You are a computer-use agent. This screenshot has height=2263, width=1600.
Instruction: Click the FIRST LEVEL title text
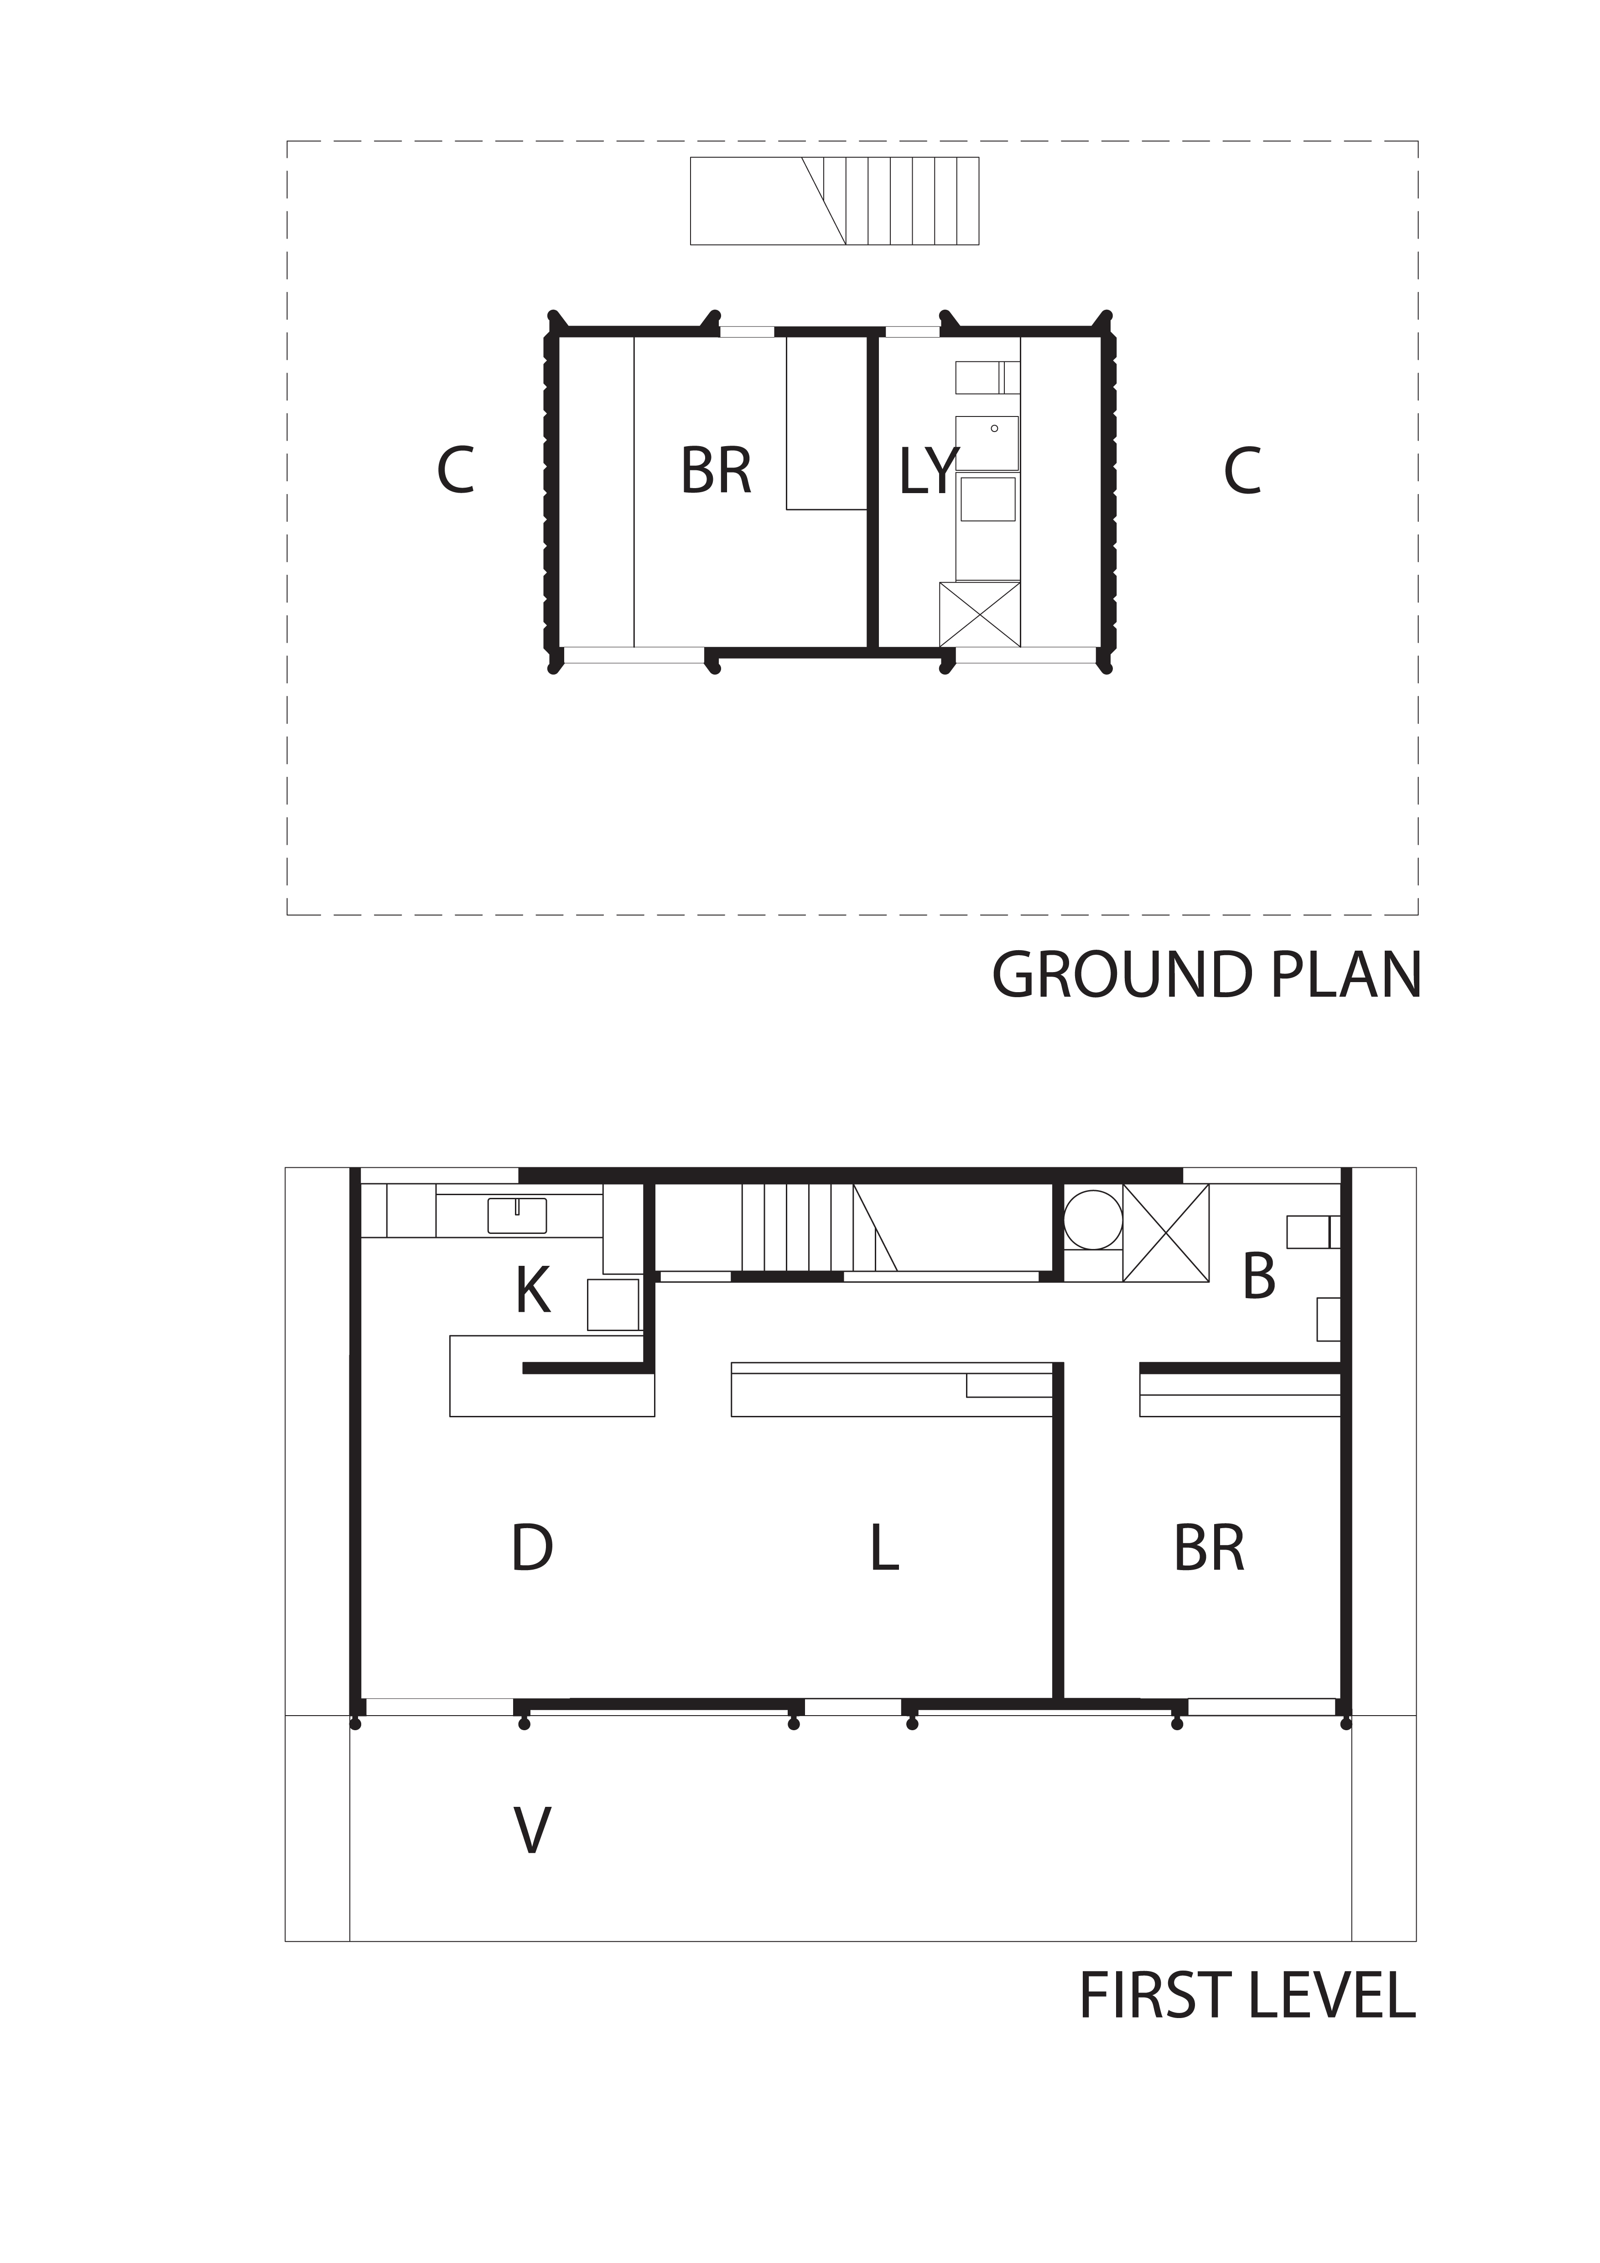[x=1247, y=1996]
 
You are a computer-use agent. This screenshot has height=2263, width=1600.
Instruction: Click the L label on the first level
[x=884, y=1548]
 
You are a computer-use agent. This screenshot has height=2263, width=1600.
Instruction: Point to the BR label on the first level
[x=1209, y=1548]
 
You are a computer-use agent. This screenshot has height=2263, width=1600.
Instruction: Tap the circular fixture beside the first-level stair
[x=1093, y=1218]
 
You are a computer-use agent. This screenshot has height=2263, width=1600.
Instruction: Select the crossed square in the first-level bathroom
[x=1165, y=1233]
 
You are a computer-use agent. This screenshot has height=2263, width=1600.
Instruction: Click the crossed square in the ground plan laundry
[x=979, y=614]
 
